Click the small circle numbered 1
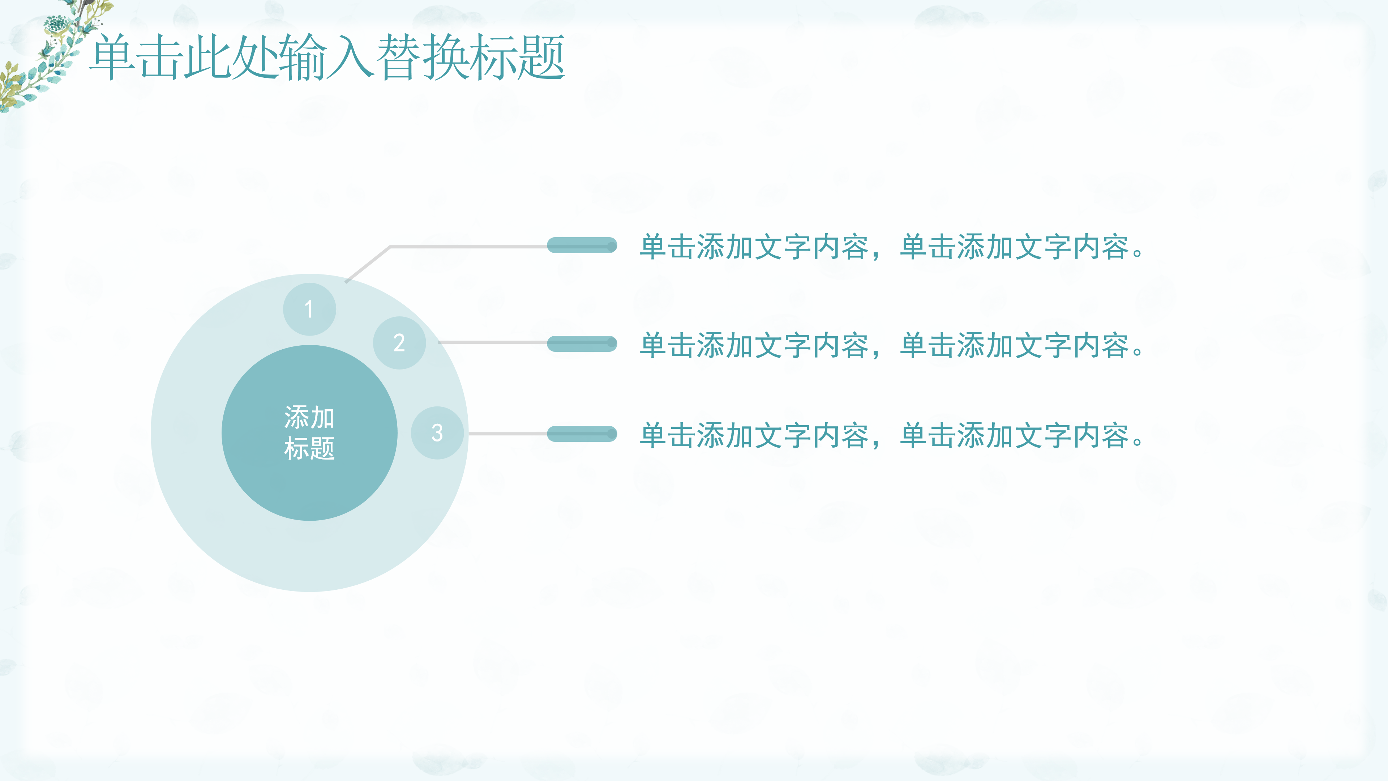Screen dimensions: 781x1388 pos(309,310)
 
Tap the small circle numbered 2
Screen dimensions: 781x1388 pos(399,343)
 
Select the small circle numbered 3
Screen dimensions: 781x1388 pos(437,433)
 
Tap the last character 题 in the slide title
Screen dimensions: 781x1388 pos(540,57)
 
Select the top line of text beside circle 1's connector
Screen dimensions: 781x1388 pos(892,247)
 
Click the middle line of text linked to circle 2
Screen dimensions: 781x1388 pos(892,345)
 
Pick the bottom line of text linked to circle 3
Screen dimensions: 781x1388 pos(892,435)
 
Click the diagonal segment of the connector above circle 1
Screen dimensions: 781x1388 pos(368,264)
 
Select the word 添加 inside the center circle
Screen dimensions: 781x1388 pos(309,417)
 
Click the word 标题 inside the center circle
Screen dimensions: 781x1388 pos(309,448)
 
